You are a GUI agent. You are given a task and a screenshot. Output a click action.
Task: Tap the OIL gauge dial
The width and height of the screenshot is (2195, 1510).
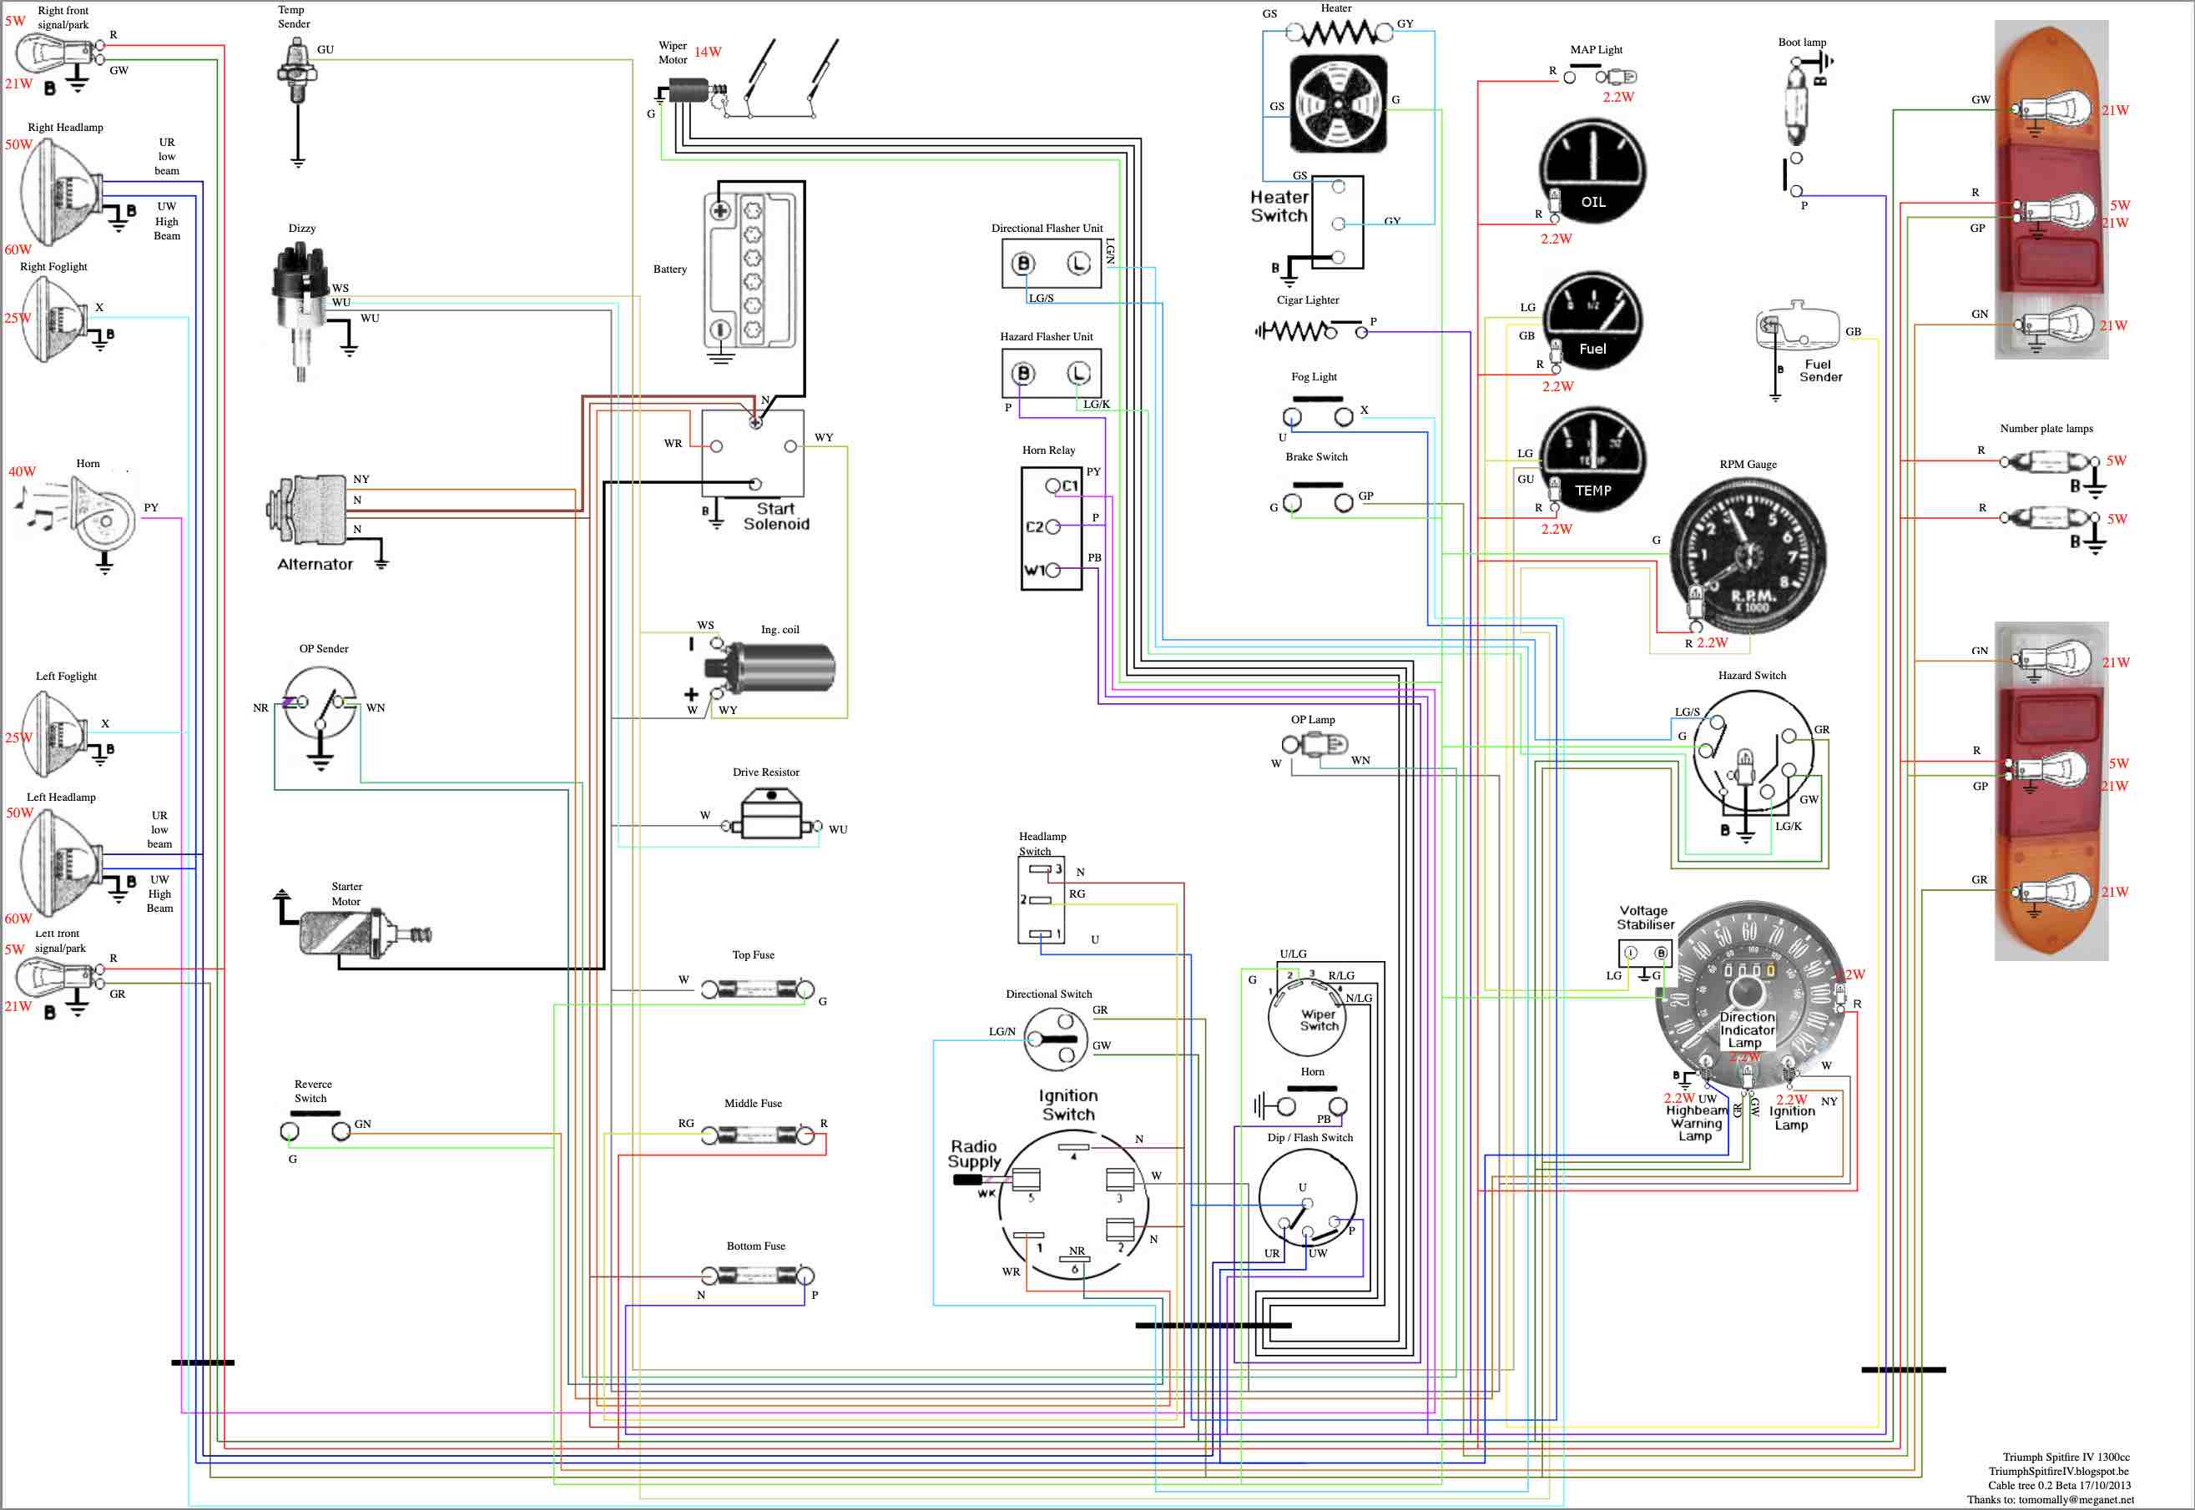click(1593, 170)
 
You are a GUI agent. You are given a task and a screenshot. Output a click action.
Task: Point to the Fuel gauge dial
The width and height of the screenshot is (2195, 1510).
click(1593, 322)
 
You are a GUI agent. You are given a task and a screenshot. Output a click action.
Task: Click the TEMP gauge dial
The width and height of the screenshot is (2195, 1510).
click(1593, 459)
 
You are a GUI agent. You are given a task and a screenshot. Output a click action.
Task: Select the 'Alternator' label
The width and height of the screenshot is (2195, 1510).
click(315, 565)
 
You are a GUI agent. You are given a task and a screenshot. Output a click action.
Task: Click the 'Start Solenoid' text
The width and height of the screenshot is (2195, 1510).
click(776, 516)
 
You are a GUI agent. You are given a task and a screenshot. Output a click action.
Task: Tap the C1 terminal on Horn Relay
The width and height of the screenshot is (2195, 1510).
click(1053, 486)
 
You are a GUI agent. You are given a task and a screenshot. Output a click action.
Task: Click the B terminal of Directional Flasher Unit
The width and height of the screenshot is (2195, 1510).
click(1023, 264)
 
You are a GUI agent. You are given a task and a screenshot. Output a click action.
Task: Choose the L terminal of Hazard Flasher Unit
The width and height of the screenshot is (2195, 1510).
click(1078, 374)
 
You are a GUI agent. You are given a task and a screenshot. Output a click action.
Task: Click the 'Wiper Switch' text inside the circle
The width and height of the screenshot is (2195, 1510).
click(1319, 1020)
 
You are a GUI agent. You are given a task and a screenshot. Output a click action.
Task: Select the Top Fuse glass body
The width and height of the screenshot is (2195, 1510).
click(754, 990)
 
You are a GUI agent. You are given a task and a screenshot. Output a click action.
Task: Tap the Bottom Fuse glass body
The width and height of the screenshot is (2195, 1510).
click(754, 1276)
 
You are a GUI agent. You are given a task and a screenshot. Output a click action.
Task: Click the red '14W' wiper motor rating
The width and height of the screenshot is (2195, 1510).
click(707, 52)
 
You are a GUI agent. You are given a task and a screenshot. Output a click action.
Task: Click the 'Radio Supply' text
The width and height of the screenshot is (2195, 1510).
click(975, 1155)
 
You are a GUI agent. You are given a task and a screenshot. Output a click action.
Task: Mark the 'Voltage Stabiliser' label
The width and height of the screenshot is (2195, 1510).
click(1645, 918)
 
